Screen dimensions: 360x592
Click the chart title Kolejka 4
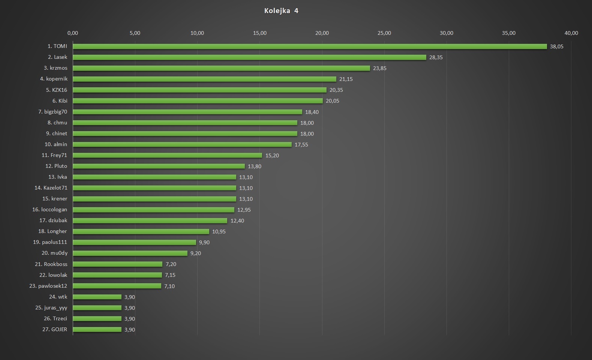[281, 11]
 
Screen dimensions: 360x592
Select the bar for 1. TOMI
[310, 46]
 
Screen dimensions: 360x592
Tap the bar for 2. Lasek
[249, 57]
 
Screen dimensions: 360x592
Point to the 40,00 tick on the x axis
[571, 33]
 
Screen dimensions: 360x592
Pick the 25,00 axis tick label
[384, 33]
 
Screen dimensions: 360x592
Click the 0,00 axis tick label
[73, 33]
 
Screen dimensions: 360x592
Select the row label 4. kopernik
[54, 79]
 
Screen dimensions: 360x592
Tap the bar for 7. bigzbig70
[187, 112]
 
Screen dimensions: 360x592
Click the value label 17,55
[301, 145]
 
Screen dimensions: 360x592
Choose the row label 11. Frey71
[54, 155]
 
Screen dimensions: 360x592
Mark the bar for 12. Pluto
[159, 166]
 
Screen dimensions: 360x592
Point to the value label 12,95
[244, 210]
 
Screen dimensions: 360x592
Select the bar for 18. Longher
[141, 232]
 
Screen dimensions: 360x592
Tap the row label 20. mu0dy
[55, 253]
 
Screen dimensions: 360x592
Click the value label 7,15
[170, 275]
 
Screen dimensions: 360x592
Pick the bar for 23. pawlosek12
[117, 286]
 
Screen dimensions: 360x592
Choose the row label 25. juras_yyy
[51, 308]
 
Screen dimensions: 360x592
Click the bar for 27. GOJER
[97, 329]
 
